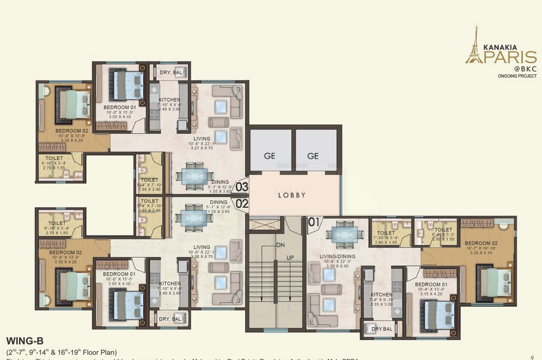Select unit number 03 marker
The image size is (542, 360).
pos(241,186)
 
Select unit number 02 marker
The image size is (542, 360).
pos(241,204)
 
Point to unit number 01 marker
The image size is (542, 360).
pos(314,222)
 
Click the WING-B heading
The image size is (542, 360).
pos(25,341)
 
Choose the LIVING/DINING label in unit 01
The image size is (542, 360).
pos(338,256)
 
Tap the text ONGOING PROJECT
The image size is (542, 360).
pos(516,76)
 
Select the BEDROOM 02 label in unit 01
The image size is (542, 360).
pos(481,243)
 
